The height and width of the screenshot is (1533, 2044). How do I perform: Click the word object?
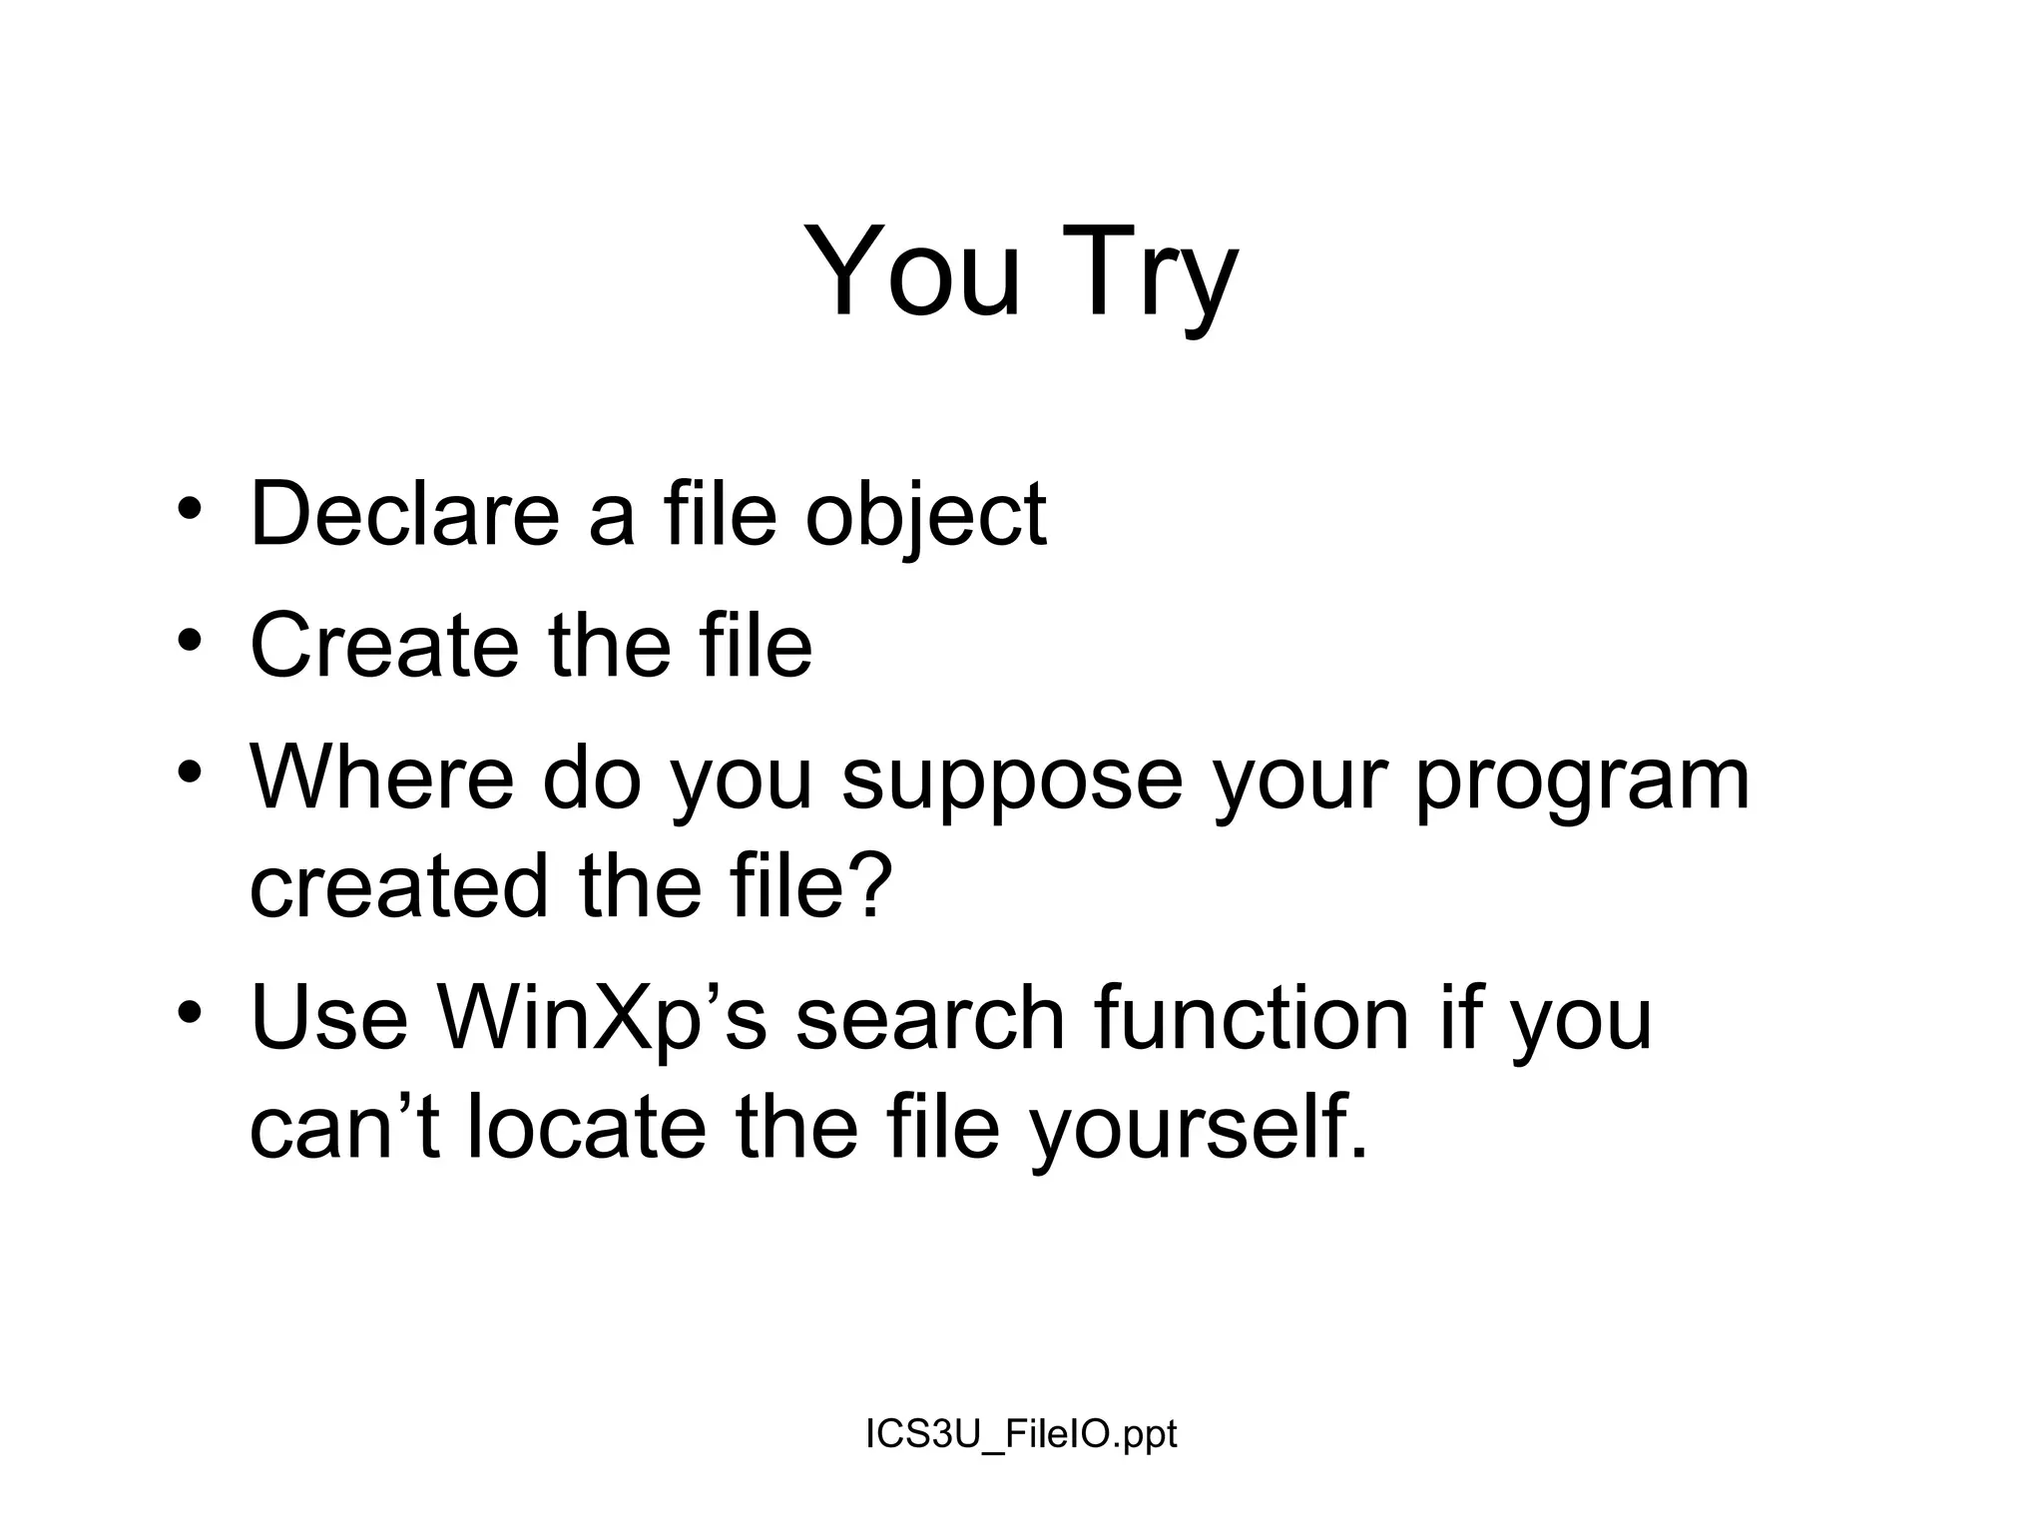925,517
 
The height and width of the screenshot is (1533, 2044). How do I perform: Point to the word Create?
384,646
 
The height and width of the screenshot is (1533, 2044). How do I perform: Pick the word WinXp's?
601,1020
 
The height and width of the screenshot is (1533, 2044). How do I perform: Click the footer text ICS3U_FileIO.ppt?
1021,1434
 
